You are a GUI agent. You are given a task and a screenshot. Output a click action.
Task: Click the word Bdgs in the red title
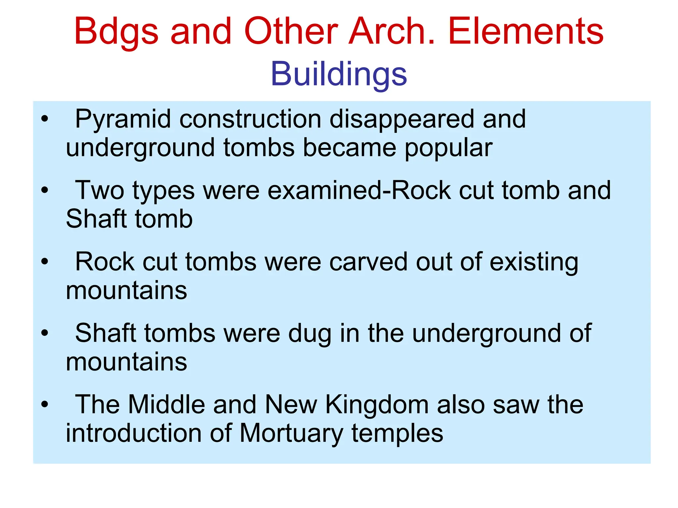[x=116, y=31]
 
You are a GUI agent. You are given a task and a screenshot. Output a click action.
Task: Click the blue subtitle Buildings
[x=339, y=74]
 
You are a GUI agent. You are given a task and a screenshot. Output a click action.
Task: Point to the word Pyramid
[x=123, y=119]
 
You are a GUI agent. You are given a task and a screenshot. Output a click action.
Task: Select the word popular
[x=449, y=148]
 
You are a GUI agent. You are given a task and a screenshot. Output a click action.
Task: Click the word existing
[x=534, y=263]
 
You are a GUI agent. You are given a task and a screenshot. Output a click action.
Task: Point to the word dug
[x=310, y=334]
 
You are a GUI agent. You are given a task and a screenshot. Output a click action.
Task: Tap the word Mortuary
[x=291, y=434]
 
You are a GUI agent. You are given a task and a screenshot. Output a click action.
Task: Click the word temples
[x=397, y=434]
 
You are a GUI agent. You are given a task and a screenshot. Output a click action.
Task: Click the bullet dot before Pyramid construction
[x=45, y=119]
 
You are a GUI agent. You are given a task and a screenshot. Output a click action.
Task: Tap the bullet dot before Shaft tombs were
[x=45, y=333]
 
